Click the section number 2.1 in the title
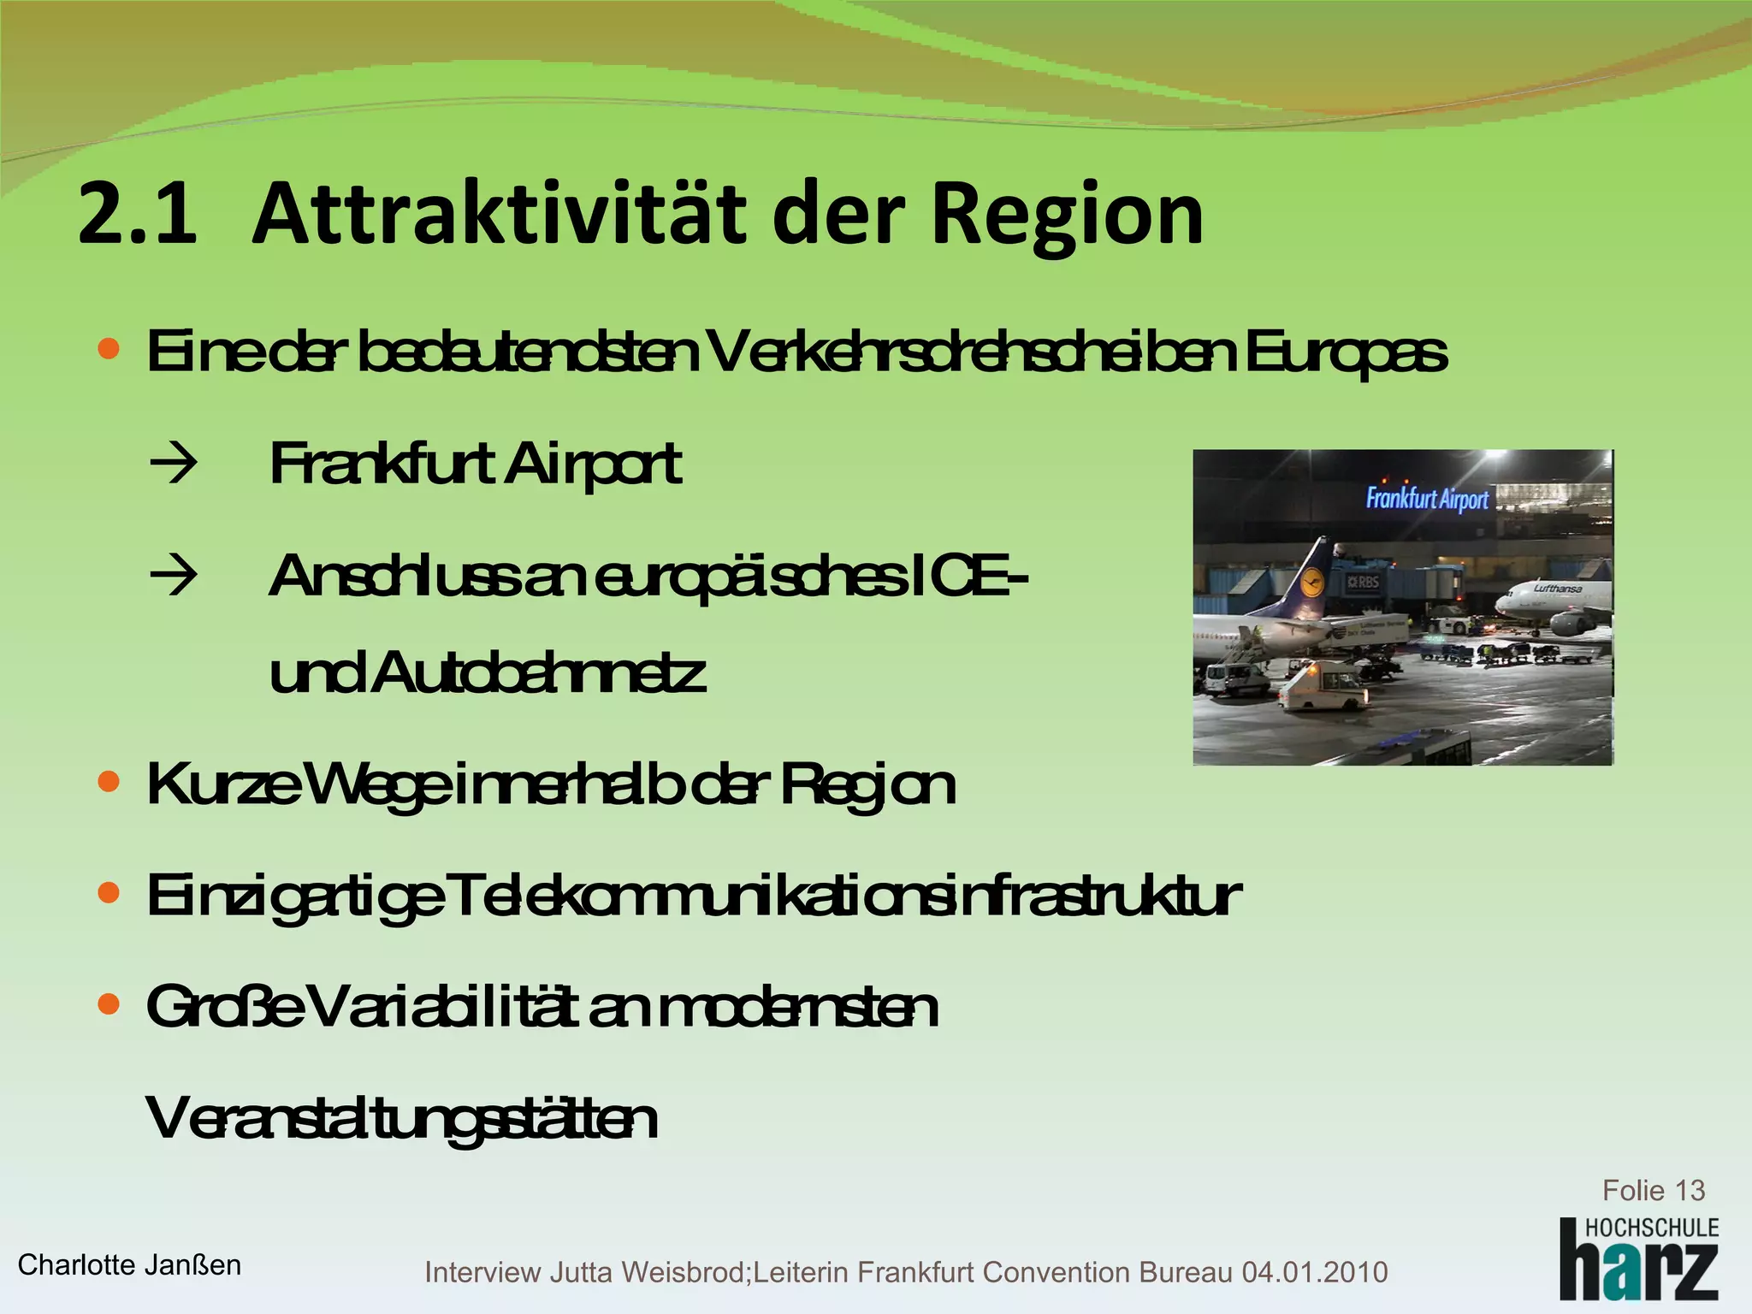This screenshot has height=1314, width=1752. [137, 214]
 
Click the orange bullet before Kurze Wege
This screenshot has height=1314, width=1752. [109, 781]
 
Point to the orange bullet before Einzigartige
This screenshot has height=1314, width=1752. [109, 893]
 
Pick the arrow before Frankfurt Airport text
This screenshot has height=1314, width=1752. [173, 465]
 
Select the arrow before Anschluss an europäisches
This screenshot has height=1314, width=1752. [173, 576]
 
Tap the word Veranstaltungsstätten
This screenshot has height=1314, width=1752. [402, 1118]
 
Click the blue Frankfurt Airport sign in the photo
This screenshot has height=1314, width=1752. [1427, 498]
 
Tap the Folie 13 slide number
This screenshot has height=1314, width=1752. [1653, 1190]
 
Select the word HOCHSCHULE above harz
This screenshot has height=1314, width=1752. [1652, 1228]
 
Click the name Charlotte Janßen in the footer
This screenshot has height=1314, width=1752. [129, 1264]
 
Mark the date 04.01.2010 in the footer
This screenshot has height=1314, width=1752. [1314, 1272]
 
